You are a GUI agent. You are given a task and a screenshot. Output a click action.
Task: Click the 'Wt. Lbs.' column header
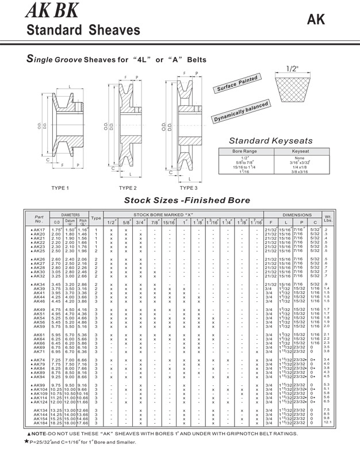[x=343, y=218]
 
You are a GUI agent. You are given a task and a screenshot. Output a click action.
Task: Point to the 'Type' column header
[x=96, y=218]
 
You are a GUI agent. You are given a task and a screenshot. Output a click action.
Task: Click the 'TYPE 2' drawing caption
[x=127, y=187]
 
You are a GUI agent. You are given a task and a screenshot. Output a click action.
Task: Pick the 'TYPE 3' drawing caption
[x=188, y=187]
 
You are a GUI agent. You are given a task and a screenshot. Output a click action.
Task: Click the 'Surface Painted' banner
[x=235, y=86]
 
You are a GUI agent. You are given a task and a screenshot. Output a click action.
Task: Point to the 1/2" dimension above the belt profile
[x=293, y=68]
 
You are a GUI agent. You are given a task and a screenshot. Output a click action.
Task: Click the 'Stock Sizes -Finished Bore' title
[x=187, y=201]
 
